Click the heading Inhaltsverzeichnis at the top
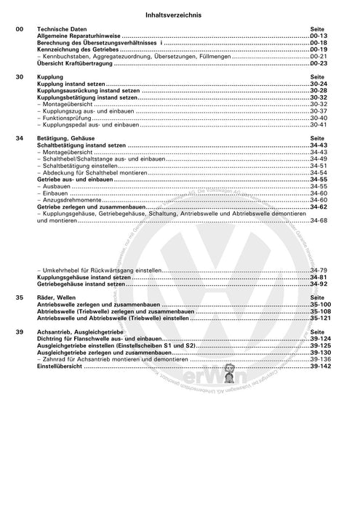click(180, 14)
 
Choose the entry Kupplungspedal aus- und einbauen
click(81, 125)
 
